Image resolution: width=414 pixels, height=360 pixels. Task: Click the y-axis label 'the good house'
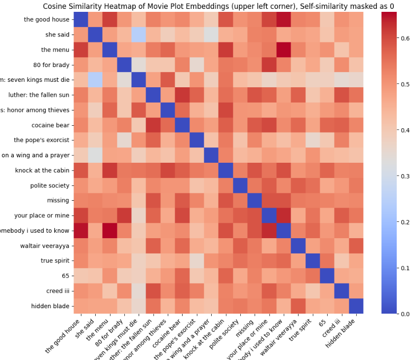46,20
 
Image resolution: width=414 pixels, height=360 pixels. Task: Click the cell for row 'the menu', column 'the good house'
81,50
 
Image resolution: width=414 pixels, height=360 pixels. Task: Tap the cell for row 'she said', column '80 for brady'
124,35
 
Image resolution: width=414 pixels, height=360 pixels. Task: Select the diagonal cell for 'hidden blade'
356,306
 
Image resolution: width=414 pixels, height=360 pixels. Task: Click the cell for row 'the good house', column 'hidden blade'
356,20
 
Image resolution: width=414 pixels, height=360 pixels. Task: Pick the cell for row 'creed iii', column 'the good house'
81,291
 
